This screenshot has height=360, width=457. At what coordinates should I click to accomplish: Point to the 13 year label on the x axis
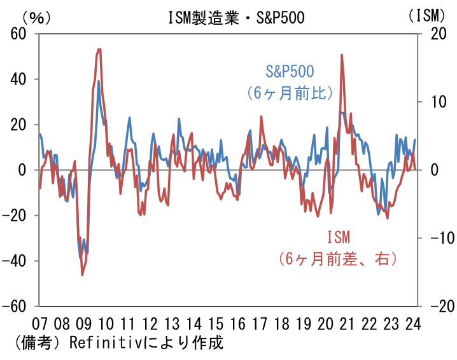coord(172,322)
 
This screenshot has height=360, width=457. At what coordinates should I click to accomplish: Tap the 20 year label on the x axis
coord(325,322)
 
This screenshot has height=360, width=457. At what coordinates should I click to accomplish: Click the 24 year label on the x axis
coord(412,322)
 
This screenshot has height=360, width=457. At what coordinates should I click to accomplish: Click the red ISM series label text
coord(338,238)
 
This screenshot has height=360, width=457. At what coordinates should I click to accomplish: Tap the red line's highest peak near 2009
coord(99,49)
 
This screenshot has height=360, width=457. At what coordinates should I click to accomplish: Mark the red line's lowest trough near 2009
coord(82,275)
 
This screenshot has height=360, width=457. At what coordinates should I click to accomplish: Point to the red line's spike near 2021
coord(342,55)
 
